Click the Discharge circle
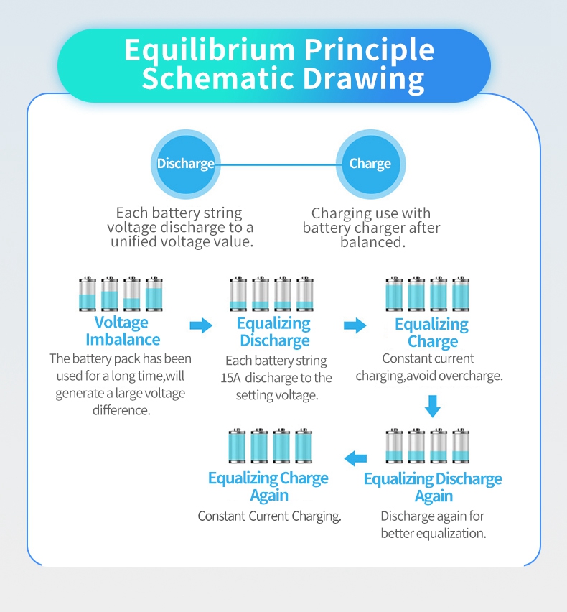[x=186, y=164]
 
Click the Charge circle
[x=370, y=164]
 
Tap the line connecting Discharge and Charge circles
[x=278, y=164]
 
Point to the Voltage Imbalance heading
[x=122, y=330]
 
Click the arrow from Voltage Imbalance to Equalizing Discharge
[x=201, y=325]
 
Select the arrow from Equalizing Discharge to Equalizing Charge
[x=355, y=325]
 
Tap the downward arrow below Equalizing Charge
[x=431, y=406]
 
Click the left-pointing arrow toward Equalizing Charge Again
[x=355, y=458]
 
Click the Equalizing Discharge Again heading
[x=433, y=487]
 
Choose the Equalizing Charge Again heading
[x=268, y=486]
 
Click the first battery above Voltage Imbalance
[x=88, y=294]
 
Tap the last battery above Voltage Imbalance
[x=154, y=294]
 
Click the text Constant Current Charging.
[x=269, y=516]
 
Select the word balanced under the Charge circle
[x=372, y=243]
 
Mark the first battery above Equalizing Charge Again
[x=237, y=446]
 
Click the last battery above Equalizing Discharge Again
[x=461, y=446]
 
